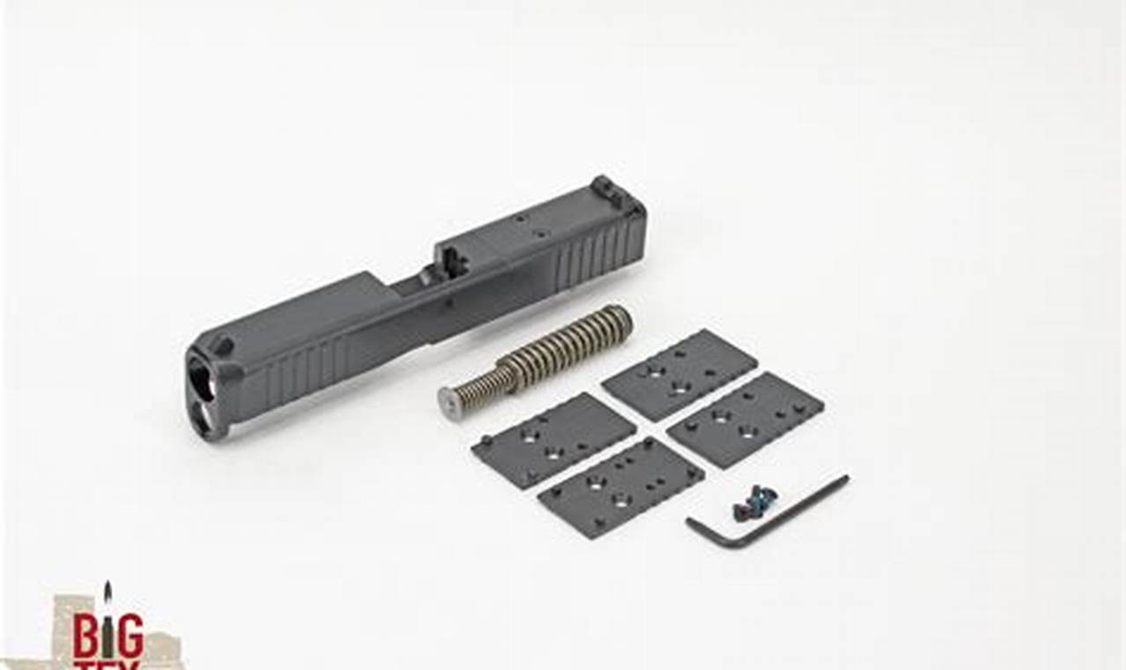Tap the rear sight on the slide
(x=604, y=187)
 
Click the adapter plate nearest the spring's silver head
(x=553, y=438)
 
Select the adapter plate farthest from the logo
(x=745, y=420)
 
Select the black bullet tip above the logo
(x=107, y=588)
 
